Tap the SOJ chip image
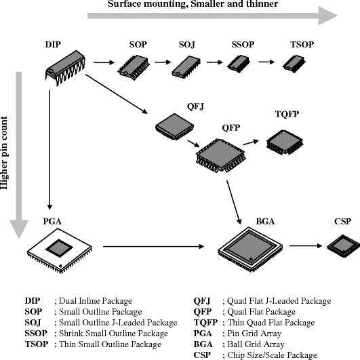[x=184, y=66]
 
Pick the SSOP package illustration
[x=238, y=64]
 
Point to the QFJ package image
[x=169, y=125]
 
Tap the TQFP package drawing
[x=284, y=140]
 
